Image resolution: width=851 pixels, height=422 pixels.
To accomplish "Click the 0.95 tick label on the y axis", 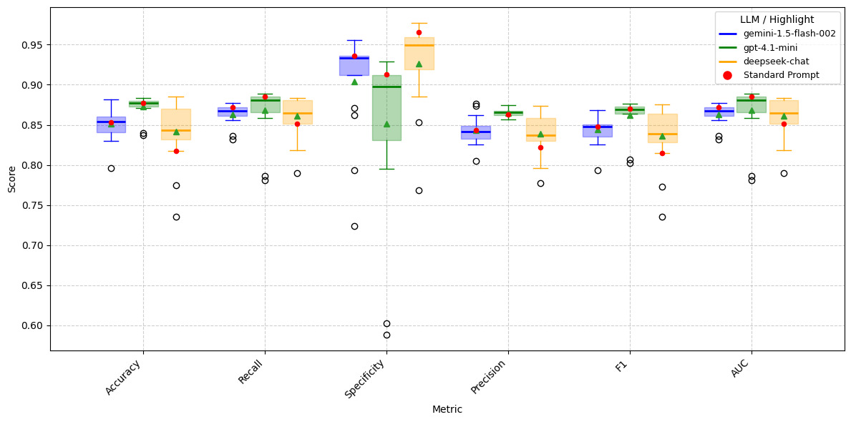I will pyautogui.click(x=31, y=45).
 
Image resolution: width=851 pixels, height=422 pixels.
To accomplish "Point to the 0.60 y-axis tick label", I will pyautogui.click(x=31, y=325).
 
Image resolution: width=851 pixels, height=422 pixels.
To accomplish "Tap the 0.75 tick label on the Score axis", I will pyautogui.click(x=31, y=205).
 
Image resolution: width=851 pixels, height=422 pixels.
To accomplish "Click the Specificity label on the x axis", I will pyautogui.click(x=366, y=378).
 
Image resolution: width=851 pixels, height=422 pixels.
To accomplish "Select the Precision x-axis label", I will pyautogui.click(x=490, y=376).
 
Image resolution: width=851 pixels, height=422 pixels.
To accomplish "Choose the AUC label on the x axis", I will pyautogui.click(x=740, y=367).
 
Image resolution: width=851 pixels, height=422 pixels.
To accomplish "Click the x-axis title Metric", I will pyautogui.click(x=447, y=410).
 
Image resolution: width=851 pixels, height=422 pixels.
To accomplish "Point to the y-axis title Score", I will pyautogui.click(x=11, y=180).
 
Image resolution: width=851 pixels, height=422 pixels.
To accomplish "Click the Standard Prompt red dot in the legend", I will pyautogui.click(x=727, y=75).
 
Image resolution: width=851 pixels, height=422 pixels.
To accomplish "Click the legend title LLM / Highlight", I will pyautogui.click(x=777, y=20).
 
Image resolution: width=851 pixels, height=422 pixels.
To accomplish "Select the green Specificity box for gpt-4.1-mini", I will pyautogui.click(x=386, y=107).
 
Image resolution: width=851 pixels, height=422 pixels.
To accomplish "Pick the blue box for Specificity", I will pyautogui.click(x=354, y=66).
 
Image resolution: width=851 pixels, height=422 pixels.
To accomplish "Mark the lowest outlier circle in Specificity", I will pyautogui.click(x=386, y=335).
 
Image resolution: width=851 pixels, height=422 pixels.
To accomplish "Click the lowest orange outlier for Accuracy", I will pyautogui.click(x=176, y=217).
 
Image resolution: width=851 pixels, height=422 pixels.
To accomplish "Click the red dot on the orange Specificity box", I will pyautogui.click(x=419, y=32).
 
